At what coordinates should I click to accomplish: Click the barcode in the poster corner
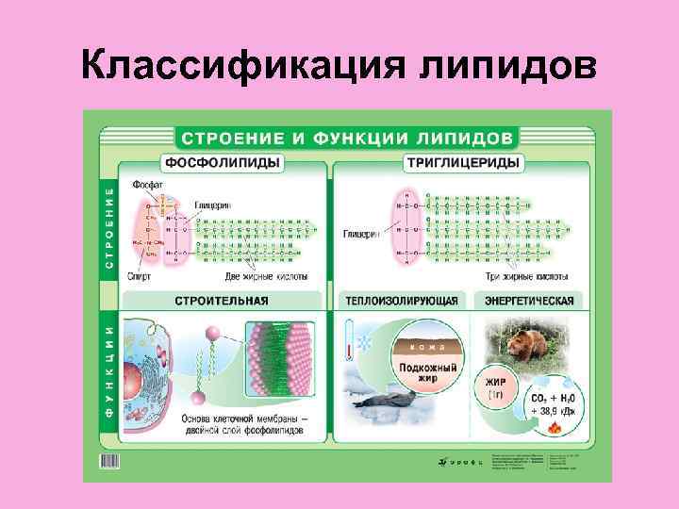click(110, 461)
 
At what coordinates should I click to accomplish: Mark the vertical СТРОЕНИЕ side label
click(108, 228)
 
